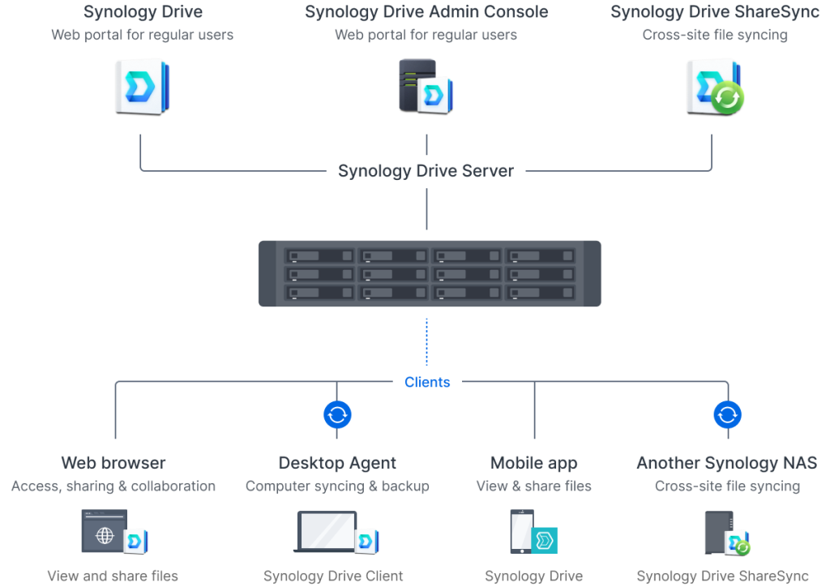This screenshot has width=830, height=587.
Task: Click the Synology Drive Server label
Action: [426, 171]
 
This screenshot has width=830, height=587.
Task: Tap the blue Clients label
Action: [427, 382]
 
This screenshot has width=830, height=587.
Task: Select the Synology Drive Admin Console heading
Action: [426, 11]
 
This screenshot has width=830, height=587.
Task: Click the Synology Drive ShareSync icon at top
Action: [715, 88]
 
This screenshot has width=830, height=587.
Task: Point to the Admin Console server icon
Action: [426, 86]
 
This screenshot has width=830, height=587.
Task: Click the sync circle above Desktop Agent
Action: [337, 414]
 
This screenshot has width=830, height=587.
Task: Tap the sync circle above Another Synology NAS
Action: [727, 414]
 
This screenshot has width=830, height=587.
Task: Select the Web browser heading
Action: [113, 463]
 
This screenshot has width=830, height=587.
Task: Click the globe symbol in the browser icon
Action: [105, 536]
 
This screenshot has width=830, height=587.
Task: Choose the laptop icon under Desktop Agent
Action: [326, 532]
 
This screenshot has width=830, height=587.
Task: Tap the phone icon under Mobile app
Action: [522, 531]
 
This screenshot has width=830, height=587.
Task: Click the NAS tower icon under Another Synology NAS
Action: [719, 533]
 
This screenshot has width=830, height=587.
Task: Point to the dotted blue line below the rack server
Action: [426, 342]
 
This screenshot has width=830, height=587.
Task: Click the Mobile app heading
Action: [533, 463]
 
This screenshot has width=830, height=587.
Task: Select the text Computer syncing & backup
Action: [337, 486]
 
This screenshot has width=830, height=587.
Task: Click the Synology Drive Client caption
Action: [333, 576]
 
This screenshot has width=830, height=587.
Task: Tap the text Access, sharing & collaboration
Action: [113, 486]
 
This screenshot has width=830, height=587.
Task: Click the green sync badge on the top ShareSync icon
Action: [727, 98]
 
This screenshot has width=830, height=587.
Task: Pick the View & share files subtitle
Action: [533, 486]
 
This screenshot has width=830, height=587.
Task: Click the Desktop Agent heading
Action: [337, 463]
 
